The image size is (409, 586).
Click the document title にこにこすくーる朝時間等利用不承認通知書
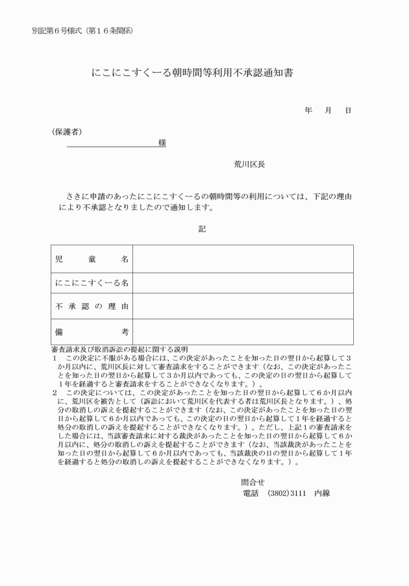tap(192, 73)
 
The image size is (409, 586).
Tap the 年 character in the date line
tap(308, 110)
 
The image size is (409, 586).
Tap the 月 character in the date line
tap(328, 110)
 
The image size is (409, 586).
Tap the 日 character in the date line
tap(348, 110)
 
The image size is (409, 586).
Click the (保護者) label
tap(66, 132)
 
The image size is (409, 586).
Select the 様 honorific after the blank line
tap(162, 143)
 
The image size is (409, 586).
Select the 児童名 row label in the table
tap(92, 259)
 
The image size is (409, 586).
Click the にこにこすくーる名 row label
tap(92, 283)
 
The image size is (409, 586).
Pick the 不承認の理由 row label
tap(92, 306)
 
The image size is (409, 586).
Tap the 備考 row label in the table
tap(92, 332)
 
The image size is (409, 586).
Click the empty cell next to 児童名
tap(243, 259)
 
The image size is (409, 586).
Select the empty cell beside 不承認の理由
tap(243, 306)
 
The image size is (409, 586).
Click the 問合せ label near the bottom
tap(253, 482)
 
